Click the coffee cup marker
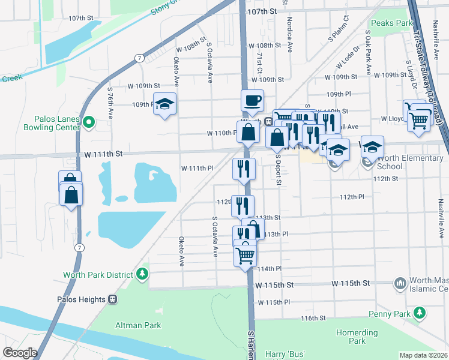point(253,100)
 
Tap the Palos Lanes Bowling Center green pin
point(89,123)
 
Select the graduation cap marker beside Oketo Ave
point(165,104)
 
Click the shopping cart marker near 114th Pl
point(245,254)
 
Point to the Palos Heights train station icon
point(112,299)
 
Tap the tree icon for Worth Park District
point(142,275)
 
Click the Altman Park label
point(138,325)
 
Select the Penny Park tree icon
point(421,313)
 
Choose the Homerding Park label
point(357,337)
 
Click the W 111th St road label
point(103,154)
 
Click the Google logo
point(20,352)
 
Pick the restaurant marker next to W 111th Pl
point(244,169)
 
